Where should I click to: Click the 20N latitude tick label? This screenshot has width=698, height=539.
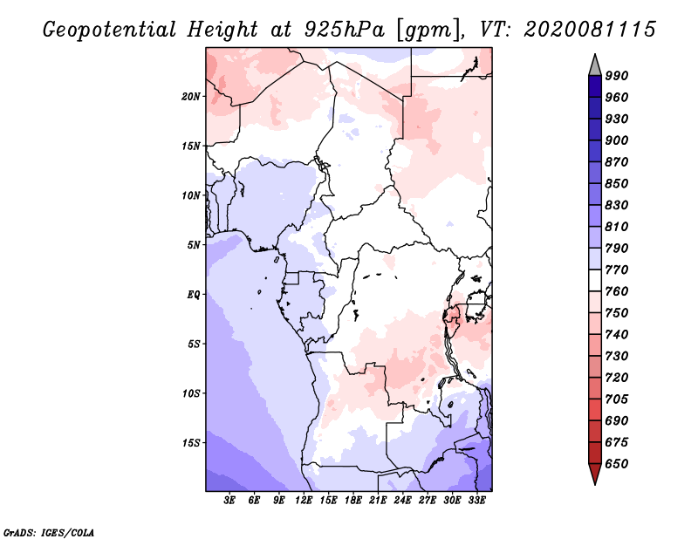click(191, 97)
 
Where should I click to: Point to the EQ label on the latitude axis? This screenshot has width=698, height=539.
click(193, 295)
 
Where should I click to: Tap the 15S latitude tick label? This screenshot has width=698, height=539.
click(191, 443)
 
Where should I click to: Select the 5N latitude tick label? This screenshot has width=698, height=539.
click(194, 245)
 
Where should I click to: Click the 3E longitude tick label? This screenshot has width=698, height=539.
click(229, 501)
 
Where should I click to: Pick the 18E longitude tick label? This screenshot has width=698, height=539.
click(353, 501)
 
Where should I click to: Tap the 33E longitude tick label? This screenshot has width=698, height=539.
click(476, 501)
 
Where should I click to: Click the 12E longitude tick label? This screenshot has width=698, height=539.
click(304, 501)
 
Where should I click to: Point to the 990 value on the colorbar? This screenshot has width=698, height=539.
click(617, 76)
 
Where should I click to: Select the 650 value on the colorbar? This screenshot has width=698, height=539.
click(617, 464)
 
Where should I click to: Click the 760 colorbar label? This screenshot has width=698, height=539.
click(617, 291)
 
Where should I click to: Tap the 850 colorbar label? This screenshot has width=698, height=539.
click(617, 183)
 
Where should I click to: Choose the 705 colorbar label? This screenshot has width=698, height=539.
click(617, 399)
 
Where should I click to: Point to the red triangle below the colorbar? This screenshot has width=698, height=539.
click(595, 474)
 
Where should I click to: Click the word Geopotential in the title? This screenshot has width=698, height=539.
click(110, 30)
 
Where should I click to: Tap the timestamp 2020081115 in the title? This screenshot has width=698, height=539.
click(590, 30)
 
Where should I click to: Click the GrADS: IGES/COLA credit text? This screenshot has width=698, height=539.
click(49, 533)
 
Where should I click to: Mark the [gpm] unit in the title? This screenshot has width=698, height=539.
click(428, 31)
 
